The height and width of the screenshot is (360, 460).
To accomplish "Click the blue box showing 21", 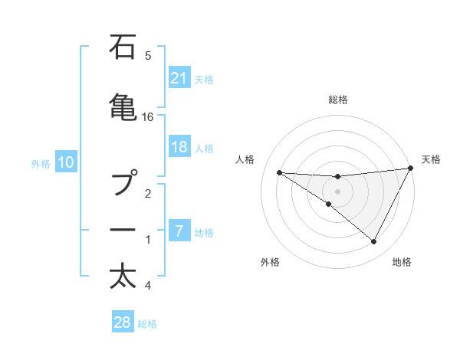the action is (179, 77).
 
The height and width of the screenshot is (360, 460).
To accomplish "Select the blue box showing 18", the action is (179, 147).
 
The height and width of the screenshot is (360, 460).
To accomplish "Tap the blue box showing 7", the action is (179, 231).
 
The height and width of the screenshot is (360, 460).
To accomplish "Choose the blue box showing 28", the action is (123, 322).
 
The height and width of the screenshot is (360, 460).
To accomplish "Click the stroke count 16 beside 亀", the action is (148, 117).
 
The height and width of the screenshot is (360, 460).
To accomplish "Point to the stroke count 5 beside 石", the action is (148, 56).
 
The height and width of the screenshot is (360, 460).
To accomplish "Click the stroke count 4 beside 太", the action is (148, 286).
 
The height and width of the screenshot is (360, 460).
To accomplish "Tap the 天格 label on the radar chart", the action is (431, 159).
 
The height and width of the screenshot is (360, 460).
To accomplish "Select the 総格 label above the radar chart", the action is (337, 100).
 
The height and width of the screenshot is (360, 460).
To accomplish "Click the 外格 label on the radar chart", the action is (270, 262).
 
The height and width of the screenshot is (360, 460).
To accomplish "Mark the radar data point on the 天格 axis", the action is (411, 169).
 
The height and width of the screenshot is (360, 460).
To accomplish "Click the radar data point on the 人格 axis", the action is (279, 172).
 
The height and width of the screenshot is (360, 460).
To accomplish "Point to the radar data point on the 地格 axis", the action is (373, 242).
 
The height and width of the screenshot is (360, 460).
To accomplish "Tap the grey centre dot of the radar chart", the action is (337, 191).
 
